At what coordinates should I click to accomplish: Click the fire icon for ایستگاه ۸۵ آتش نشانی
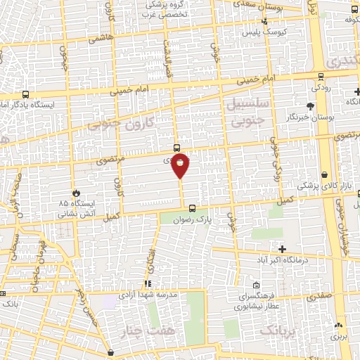click(76, 191)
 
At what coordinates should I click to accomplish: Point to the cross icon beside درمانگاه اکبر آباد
click(282, 249)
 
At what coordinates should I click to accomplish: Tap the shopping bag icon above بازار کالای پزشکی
click(324, 175)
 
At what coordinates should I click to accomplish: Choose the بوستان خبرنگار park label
click(310, 117)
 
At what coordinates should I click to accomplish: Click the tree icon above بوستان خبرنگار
click(310, 106)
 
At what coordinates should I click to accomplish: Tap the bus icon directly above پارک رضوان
click(192, 207)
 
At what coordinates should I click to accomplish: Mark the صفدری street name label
click(323, 297)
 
